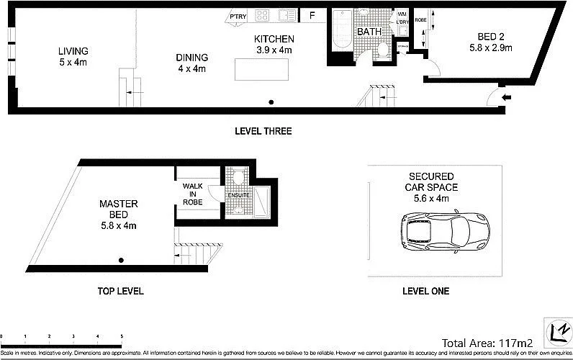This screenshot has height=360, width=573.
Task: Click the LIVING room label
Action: click(x=73, y=51)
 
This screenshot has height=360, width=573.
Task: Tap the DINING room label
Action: click(x=191, y=58)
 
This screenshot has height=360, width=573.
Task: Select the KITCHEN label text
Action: click(x=274, y=39)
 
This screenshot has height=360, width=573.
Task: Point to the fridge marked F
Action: click(x=312, y=16)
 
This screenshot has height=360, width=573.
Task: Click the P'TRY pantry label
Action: click(x=238, y=17)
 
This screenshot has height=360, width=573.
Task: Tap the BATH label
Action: click(x=369, y=32)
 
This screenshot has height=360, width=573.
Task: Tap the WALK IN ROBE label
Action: click(x=193, y=194)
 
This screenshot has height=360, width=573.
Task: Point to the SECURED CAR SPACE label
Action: click(x=430, y=182)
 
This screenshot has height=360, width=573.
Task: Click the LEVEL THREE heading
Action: click(x=263, y=132)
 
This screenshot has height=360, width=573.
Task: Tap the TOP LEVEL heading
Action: click(x=120, y=292)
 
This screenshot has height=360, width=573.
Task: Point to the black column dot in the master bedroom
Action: click(x=122, y=260)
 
